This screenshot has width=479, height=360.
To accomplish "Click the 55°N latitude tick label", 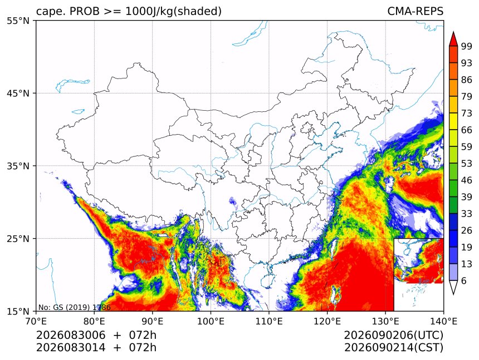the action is [x=18, y=21].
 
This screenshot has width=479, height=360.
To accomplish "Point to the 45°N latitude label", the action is [x=18, y=93].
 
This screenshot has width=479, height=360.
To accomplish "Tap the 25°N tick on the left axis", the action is [x=18, y=238].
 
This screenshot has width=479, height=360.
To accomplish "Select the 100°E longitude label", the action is [x=211, y=321].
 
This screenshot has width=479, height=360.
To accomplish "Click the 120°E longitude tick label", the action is [x=327, y=321].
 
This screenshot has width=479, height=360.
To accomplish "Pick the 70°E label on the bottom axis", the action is [x=36, y=321].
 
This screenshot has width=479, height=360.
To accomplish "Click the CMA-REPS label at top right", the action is [x=415, y=11].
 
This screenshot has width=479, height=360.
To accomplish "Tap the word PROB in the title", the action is [x=85, y=11].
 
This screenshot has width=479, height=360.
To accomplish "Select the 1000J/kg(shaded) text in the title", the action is [x=174, y=12].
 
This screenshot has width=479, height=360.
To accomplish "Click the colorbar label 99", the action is [x=467, y=46].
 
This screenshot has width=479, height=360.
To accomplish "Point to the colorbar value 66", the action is [x=467, y=130].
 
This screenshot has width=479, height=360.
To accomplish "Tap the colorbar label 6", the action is [x=464, y=280].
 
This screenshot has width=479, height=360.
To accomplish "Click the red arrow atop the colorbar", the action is [x=453, y=39].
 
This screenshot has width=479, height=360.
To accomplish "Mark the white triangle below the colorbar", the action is [x=453, y=287].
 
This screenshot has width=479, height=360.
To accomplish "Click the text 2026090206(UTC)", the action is [x=393, y=335].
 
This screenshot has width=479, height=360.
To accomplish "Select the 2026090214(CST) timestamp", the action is [x=393, y=348].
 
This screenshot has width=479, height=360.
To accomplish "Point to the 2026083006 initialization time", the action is [x=71, y=335].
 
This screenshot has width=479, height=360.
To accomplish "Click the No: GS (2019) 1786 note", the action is [x=74, y=307].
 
